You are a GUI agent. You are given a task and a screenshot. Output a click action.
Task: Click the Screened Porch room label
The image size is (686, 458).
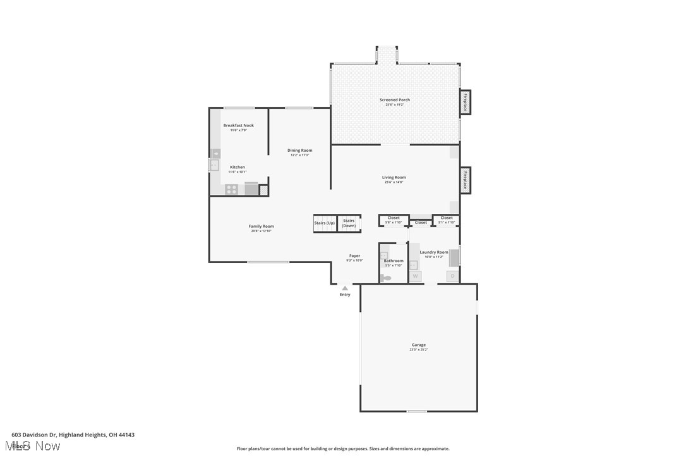[x=394, y=100]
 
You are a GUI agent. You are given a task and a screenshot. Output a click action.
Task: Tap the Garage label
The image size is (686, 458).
[x=418, y=345]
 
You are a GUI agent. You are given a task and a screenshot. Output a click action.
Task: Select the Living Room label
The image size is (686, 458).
[x=394, y=178]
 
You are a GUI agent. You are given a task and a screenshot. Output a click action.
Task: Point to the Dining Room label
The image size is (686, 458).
[x=299, y=151]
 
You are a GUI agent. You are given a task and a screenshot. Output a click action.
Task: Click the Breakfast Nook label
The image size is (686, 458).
[x=238, y=125]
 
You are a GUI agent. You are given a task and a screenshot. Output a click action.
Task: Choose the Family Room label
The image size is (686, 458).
[x=261, y=226]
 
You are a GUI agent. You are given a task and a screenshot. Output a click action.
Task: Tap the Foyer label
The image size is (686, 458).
[x=354, y=256]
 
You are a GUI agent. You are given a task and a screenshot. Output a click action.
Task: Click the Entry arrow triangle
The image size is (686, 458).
[x=345, y=288]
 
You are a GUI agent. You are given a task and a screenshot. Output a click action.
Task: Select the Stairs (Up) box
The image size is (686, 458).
[x=324, y=223]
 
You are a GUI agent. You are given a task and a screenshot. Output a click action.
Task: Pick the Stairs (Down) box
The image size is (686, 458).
[x=349, y=223]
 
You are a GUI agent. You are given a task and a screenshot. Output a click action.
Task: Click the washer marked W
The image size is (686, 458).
[x=415, y=276]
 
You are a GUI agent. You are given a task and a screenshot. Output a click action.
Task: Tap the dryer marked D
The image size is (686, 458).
[x=452, y=276]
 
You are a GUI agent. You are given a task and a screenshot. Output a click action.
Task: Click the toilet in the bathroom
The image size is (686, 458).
[x=385, y=278]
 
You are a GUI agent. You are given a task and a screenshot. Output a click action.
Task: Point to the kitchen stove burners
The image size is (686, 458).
[x=232, y=189]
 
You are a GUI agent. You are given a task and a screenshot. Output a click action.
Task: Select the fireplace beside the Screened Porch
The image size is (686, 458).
[x=465, y=102]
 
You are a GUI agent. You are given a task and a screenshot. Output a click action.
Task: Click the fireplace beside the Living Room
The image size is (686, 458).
[x=465, y=180]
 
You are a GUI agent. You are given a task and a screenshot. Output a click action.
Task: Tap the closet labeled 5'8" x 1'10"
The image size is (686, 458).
[x=394, y=220]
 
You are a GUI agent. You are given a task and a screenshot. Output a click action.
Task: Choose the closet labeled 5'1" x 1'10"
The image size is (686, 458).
[x=447, y=220]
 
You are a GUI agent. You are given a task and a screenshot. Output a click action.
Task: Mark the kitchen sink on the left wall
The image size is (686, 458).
[x=214, y=165]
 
